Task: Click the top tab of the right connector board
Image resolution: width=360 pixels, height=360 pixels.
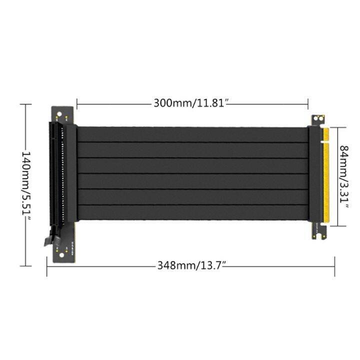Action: [x=317, y=120]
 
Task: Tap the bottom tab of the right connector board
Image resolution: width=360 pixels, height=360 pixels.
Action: [x=318, y=231]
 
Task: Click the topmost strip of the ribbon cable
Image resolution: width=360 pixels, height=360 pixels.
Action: [x=192, y=134]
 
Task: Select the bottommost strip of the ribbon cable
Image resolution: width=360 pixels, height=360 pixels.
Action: [x=192, y=212]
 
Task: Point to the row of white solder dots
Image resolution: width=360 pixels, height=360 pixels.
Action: [x=62, y=175]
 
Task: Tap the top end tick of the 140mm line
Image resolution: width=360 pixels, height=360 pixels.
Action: [x=25, y=104]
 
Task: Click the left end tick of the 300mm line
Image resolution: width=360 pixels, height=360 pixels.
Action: [x=77, y=104]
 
